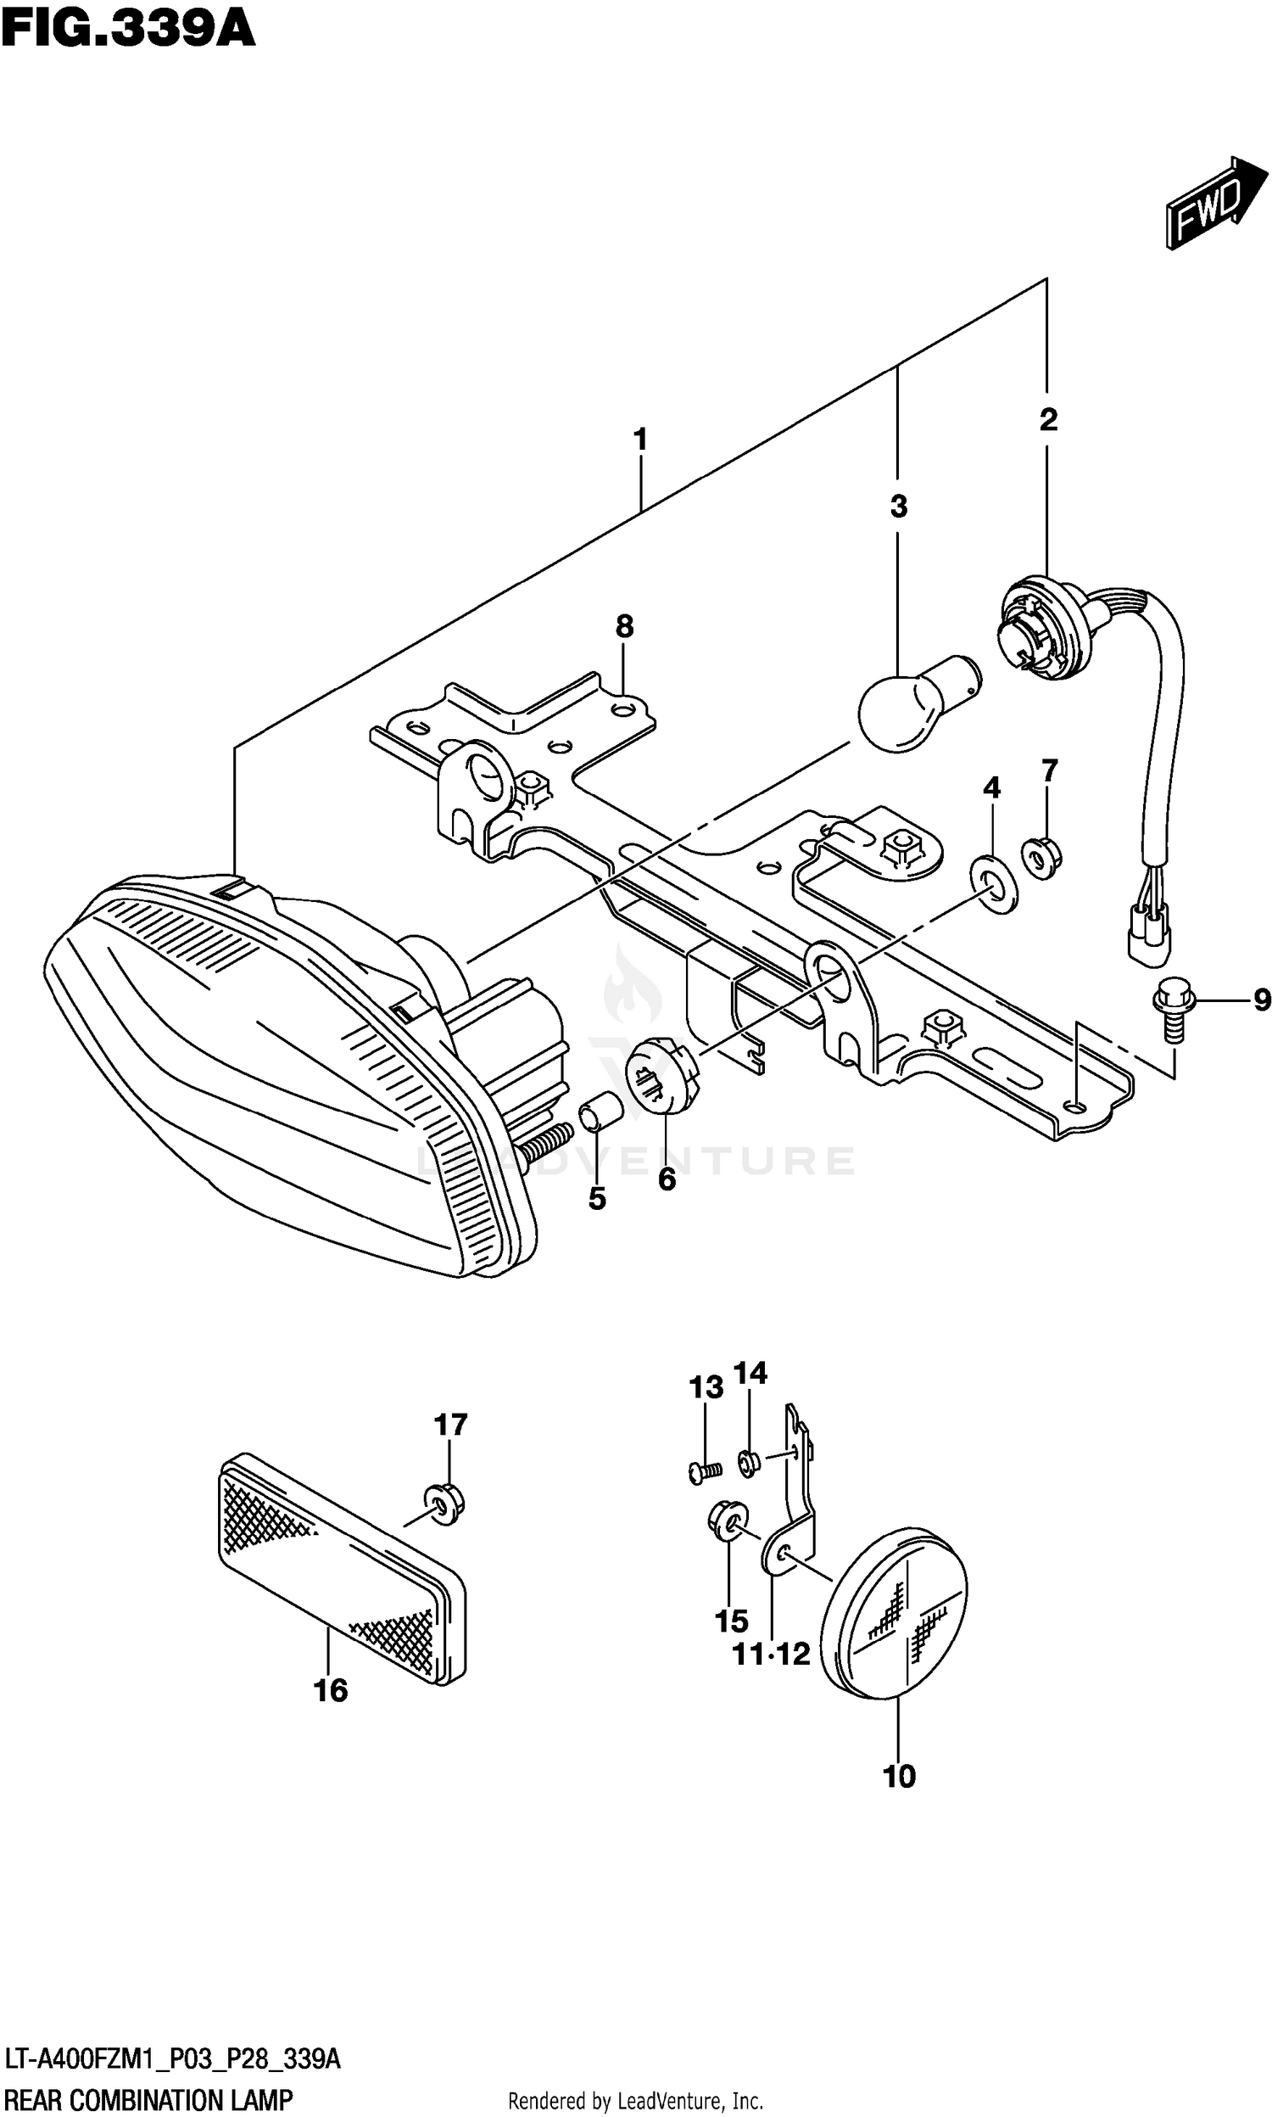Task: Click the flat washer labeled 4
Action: coord(993,882)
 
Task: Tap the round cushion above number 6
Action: coord(664,1073)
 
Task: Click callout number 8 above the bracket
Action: coord(624,627)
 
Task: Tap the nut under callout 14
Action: coord(748,1463)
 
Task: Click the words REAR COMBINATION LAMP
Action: coord(148,2094)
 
